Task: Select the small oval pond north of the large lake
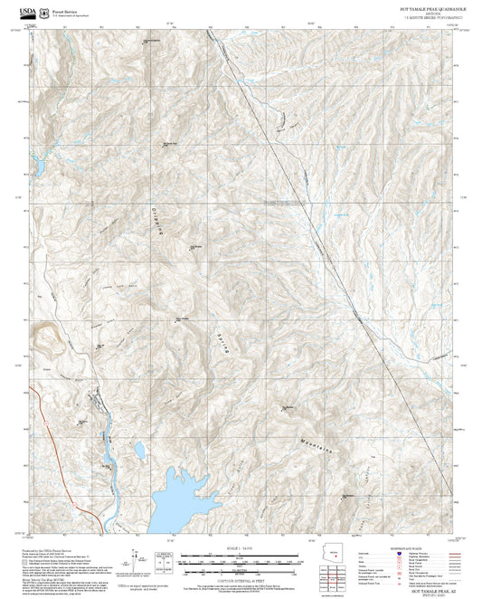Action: point(139,449)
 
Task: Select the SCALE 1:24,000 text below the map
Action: point(239,548)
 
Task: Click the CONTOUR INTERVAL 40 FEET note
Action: point(239,574)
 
